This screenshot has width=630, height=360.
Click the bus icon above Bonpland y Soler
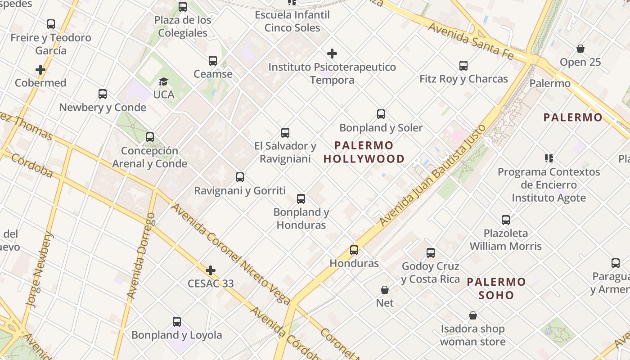pyautogui.click(x=381, y=114)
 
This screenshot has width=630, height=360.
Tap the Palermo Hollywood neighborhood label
pyautogui.click(x=364, y=152)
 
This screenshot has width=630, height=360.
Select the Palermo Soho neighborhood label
pyautogui.click(x=496, y=288)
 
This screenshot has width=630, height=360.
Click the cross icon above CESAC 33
pyautogui.click(x=210, y=270)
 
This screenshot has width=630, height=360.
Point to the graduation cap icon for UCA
pyautogui.click(x=163, y=81)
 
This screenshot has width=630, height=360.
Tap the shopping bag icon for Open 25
pyautogui.click(x=580, y=49)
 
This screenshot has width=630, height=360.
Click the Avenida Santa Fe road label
pyautogui.click(x=470, y=41)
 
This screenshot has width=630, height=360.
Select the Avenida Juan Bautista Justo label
pyautogui.click(x=433, y=175)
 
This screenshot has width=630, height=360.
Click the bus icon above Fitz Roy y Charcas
pyautogui.click(x=463, y=66)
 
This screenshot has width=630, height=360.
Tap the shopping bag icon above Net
pyautogui.click(x=385, y=290)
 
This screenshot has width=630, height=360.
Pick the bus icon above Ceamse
pyautogui.click(x=213, y=61)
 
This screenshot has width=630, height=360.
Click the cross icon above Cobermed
pyautogui.click(x=40, y=70)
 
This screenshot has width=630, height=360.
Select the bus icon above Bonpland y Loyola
pyautogui.click(x=177, y=322)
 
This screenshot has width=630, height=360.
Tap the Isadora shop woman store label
pyautogui.click(x=472, y=335)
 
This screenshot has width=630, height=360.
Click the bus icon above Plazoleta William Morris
pyautogui.click(x=506, y=220)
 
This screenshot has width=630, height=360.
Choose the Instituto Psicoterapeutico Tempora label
pyautogui.click(x=332, y=73)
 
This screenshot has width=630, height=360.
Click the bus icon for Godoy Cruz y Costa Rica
pyautogui.click(x=431, y=253)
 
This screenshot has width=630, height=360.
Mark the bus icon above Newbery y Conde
pyautogui.click(x=103, y=94)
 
